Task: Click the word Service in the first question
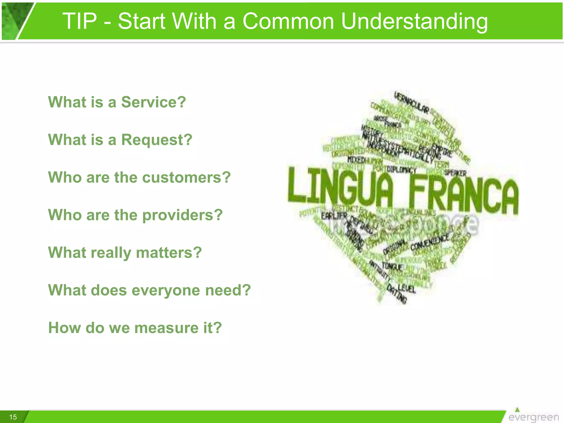153,102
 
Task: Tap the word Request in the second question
156,140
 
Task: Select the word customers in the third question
186,177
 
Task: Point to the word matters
169,253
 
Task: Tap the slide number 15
13,417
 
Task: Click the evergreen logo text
533,417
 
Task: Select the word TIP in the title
80,21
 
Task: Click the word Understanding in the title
414,21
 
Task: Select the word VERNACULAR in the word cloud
411,103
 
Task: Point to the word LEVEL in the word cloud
406,288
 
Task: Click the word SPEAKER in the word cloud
455,173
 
